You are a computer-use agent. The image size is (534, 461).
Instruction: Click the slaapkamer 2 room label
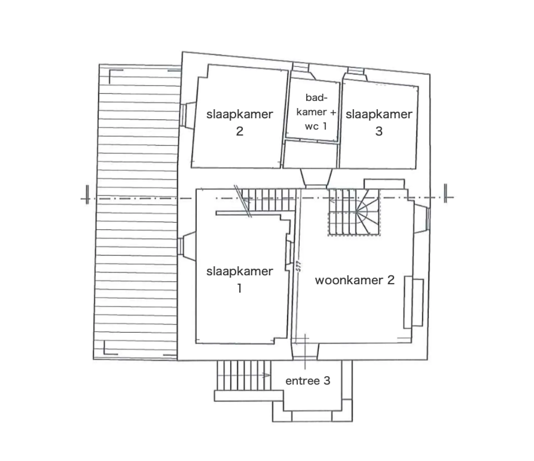239,123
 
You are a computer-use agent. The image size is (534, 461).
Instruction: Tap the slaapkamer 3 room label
379,123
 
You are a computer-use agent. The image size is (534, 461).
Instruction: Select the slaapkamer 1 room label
239,280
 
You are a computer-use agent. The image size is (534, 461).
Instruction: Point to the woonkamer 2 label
355,280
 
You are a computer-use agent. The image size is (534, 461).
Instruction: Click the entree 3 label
308,381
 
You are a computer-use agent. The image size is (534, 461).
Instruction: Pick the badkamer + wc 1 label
316,112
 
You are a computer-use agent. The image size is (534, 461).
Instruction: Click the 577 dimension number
299,266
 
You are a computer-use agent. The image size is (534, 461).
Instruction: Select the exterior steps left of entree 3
244,375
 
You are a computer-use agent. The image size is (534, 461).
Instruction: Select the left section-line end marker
87,195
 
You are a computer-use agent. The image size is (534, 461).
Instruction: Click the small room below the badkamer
310,155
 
